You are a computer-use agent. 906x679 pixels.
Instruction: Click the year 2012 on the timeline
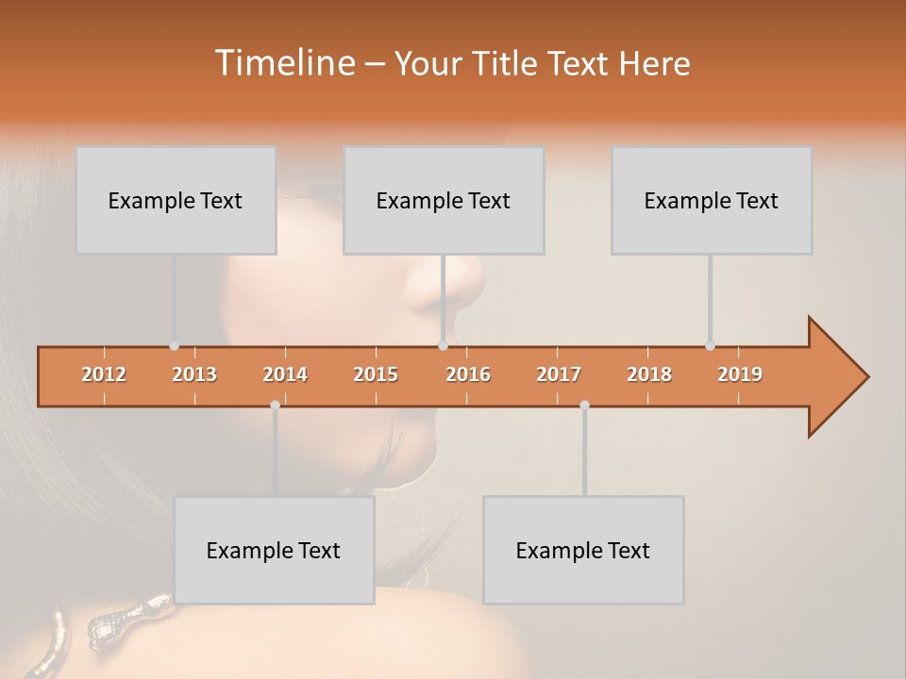click(x=104, y=374)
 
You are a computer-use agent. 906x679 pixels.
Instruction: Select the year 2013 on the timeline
click(x=194, y=374)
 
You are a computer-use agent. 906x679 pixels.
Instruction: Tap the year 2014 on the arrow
click(x=285, y=374)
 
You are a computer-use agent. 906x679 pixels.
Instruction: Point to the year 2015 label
click(x=376, y=374)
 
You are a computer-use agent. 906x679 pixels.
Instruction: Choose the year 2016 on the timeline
click(x=468, y=374)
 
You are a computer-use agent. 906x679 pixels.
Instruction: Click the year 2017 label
click(x=559, y=374)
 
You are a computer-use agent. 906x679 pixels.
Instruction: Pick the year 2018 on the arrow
click(x=649, y=374)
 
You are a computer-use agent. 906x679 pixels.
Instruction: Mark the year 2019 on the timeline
click(x=740, y=374)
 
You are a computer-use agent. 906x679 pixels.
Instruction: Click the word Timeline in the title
click(x=283, y=63)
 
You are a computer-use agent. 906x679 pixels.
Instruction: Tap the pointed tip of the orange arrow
click(x=866, y=377)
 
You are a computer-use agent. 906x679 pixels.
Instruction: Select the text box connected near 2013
click(x=176, y=200)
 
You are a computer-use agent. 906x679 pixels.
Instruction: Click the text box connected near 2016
click(x=444, y=200)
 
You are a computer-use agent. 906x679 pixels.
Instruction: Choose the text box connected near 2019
click(x=712, y=200)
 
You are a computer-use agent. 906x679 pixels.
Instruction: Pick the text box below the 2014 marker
click(x=274, y=550)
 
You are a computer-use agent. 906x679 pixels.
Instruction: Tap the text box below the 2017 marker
click(x=583, y=550)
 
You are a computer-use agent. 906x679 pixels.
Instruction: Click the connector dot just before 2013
click(x=174, y=346)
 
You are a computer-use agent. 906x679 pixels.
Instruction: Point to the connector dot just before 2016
click(x=444, y=346)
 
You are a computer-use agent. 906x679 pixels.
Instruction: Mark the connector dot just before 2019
click(x=710, y=346)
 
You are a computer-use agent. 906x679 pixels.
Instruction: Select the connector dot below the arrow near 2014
click(x=275, y=405)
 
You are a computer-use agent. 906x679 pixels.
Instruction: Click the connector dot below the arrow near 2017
click(x=584, y=405)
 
